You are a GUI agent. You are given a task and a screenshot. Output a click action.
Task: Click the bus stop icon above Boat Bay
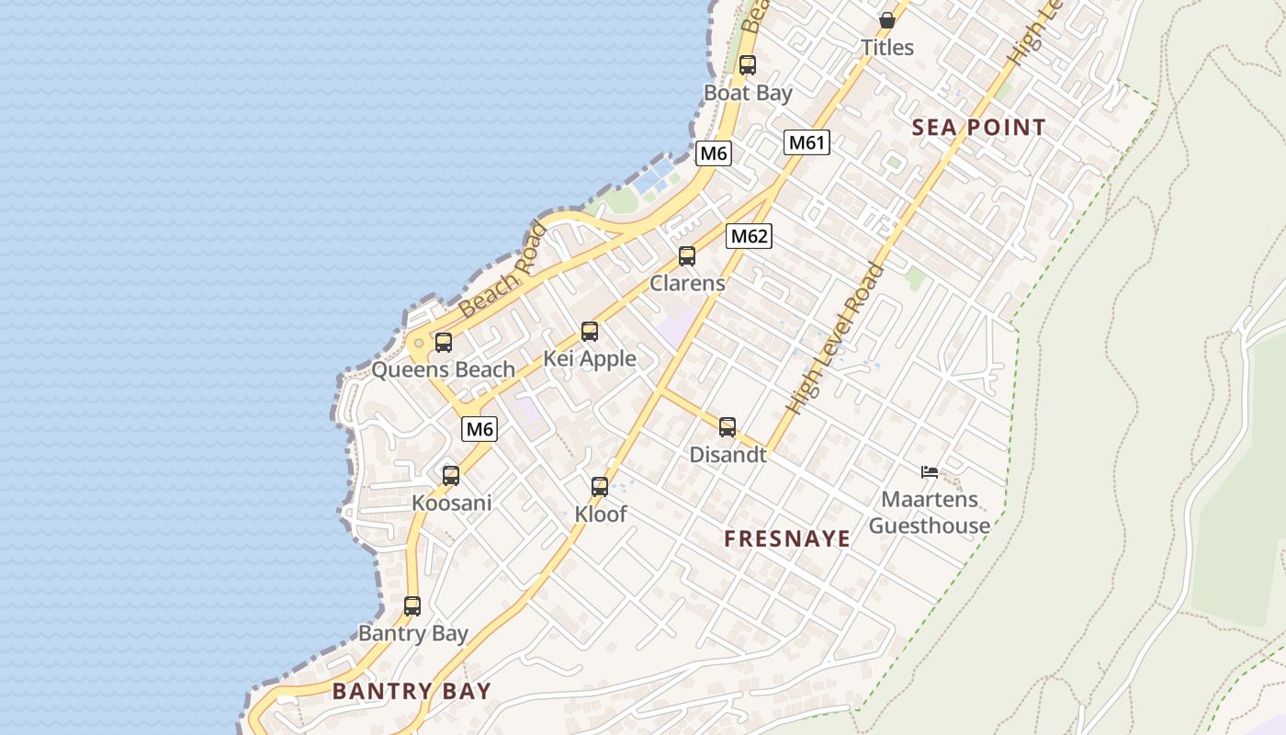pyautogui.click(x=748, y=65)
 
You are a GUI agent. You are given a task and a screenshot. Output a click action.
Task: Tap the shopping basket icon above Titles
pyautogui.click(x=887, y=19)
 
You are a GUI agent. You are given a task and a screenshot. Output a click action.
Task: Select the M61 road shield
pyautogui.click(x=807, y=142)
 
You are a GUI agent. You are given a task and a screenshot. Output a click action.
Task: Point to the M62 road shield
pyautogui.click(x=749, y=236)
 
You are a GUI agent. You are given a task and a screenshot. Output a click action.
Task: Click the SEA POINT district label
pyautogui.click(x=979, y=128)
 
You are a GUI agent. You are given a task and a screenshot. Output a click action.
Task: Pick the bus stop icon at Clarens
pyautogui.click(x=687, y=256)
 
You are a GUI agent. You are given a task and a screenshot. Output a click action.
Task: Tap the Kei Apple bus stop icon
pyautogui.click(x=590, y=332)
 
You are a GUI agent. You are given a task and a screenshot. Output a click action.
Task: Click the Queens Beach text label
pyautogui.click(x=443, y=370)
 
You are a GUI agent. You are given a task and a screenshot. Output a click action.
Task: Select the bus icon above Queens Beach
pyautogui.click(x=444, y=343)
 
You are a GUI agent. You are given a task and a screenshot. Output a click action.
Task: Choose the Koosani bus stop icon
pyautogui.click(x=451, y=475)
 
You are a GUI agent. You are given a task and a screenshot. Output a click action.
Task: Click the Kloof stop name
pyautogui.click(x=601, y=514)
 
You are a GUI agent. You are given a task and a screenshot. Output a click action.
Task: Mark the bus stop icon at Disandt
pyautogui.click(x=728, y=426)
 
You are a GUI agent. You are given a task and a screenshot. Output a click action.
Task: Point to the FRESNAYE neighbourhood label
pyautogui.click(x=787, y=539)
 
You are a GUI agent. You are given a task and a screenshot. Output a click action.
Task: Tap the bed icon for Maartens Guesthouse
pyautogui.click(x=930, y=472)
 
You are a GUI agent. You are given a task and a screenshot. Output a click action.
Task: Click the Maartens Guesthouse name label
pyautogui.click(x=930, y=513)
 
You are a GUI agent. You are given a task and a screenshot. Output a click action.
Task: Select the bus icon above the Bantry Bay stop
pyautogui.click(x=412, y=606)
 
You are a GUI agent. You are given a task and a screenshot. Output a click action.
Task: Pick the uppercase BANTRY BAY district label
pyautogui.click(x=412, y=692)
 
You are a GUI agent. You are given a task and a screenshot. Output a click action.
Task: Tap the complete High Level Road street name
pyautogui.click(x=836, y=338)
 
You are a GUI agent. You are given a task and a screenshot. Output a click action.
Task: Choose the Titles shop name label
pyautogui.click(x=887, y=48)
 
